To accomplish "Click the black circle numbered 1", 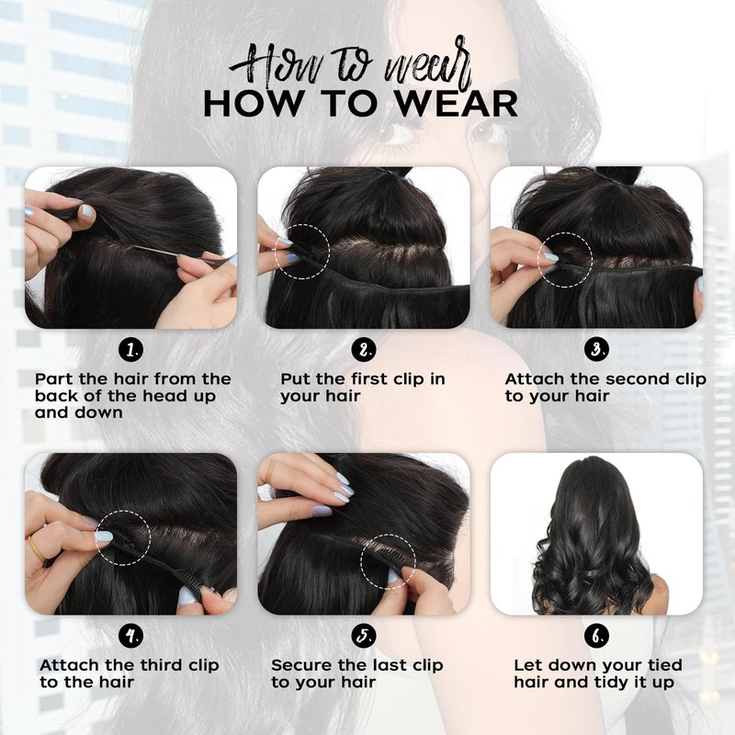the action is [130, 350].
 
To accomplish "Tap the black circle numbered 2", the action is [364, 350].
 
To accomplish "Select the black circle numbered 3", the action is [596, 350].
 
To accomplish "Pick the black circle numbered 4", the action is [130, 636].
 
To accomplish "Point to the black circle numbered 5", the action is [364, 636].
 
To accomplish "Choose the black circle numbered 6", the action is [596, 636].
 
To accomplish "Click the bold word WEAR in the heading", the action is [455, 104].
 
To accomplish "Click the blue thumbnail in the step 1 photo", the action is [87, 212].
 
